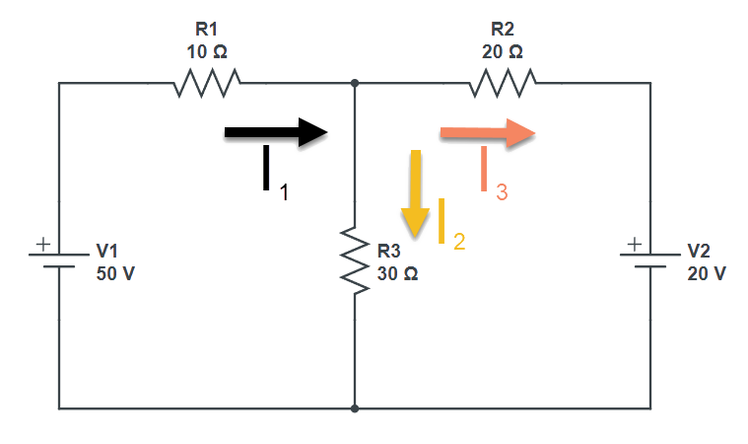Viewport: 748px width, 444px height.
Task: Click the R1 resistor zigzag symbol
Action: (x=207, y=84)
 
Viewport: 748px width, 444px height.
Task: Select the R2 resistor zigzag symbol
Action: (x=503, y=84)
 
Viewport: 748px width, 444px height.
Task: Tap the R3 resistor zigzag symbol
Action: (x=354, y=256)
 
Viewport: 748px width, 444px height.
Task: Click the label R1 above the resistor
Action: (x=207, y=31)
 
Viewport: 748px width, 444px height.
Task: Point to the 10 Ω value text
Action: (x=207, y=50)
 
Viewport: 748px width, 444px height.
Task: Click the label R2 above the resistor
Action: (x=503, y=31)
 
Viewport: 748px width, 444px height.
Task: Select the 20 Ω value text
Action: (x=503, y=50)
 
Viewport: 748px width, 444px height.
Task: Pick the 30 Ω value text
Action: (x=397, y=273)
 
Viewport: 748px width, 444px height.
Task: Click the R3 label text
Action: (x=390, y=251)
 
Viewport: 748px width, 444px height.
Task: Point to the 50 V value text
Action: (x=114, y=273)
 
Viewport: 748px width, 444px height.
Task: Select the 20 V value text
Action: (x=706, y=273)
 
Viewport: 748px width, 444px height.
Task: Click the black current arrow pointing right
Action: (x=275, y=134)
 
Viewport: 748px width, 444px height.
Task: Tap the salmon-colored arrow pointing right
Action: (x=488, y=135)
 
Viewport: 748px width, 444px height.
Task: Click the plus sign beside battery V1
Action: (x=42, y=242)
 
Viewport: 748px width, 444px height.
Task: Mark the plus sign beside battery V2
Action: (x=634, y=242)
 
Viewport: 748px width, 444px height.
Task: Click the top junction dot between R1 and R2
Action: (x=354, y=84)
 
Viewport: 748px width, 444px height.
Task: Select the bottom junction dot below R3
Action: (x=354, y=407)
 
